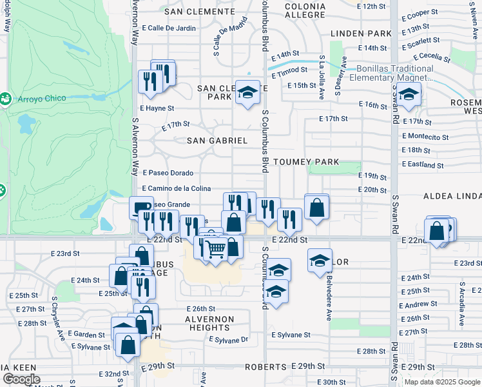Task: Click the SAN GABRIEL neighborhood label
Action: [217, 140]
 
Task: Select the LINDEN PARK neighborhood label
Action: [361, 33]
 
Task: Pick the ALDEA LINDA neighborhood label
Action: [452, 195]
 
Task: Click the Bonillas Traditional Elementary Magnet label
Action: [392, 74]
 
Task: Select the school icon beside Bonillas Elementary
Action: [409, 95]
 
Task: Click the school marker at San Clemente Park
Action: [246, 92]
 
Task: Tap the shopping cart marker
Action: [216, 249]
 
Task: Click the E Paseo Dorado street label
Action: [168, 173]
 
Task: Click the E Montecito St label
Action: [425, 136]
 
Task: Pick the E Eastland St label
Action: [423, 164]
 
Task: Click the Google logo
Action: [21, 379]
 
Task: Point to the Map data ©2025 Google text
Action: [442, 382]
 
